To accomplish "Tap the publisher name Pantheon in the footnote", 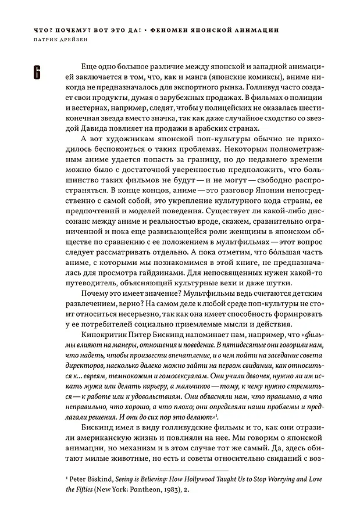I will click(127, 490).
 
